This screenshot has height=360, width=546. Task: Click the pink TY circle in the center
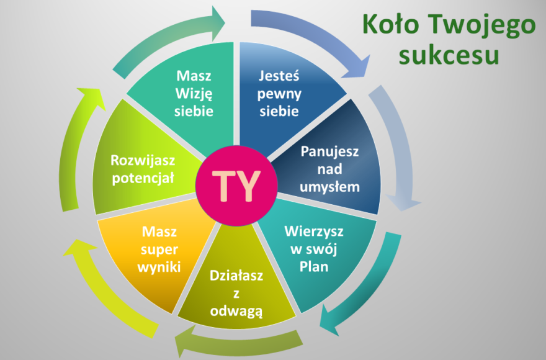(236, 186)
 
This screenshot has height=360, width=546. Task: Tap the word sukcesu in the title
(449, 55)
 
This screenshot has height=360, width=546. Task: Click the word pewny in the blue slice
(279, 94)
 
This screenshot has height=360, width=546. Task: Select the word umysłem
(329, 187)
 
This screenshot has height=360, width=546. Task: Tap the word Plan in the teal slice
(314, 267)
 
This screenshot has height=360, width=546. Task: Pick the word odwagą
(236, 311)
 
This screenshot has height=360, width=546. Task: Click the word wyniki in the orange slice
(159, 268)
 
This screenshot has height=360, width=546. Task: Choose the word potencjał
(143, 178)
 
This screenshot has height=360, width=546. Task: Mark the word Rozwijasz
(143, 161)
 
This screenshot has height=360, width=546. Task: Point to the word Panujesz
(329, 151)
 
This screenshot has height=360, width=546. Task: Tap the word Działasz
(236, 276)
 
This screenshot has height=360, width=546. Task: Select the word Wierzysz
(314, 232)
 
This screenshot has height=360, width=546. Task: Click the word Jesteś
(279, 76)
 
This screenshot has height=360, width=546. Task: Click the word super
(159, 250)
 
